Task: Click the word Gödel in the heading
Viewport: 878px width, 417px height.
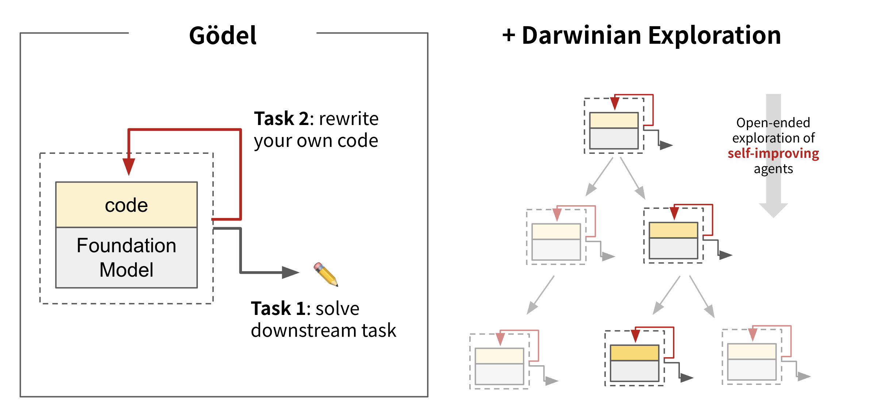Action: coord(223,36)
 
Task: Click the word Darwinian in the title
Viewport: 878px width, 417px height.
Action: coord(581,36)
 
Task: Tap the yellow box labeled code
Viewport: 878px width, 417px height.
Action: coord(126,205)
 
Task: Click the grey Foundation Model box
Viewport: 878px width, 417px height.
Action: coord(126,257)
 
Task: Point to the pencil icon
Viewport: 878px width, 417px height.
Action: coord(326,274)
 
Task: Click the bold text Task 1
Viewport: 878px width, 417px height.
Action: coord(278,308)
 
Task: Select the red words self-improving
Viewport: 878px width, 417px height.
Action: coord(773,153)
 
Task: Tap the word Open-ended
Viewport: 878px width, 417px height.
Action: coord(773,123)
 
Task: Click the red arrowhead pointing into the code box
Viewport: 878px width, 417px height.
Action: coord(129,166)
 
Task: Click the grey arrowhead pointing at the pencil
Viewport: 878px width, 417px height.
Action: coord(290,272)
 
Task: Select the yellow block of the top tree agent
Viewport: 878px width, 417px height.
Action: coord(614,120)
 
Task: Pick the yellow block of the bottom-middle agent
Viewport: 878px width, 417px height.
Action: coord(634,353)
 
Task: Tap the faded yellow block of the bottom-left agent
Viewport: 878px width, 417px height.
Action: coord(499,356)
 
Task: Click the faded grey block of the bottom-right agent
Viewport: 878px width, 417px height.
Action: coord(752,370)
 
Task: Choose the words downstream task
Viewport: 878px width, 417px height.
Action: coord(323,331)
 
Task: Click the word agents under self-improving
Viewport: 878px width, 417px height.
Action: coord(773,169)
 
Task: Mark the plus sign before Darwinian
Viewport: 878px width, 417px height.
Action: coord(509,36)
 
